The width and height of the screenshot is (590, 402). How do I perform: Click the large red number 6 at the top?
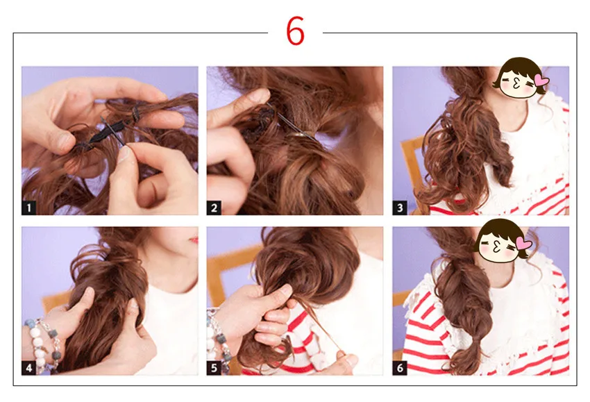(x=295, y=31)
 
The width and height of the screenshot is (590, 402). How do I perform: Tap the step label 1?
(x=28, y=208)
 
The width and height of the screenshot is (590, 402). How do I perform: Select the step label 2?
(x=214, y=208)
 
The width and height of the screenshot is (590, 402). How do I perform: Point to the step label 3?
(x=400, y=208)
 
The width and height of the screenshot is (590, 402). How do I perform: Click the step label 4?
(x=28, y=368)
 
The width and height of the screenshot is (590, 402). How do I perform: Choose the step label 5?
(x=214, y=368)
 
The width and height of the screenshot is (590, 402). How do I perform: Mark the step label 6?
(x=400, y=368)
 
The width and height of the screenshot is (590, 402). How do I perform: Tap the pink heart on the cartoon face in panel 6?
(x=524, y=243)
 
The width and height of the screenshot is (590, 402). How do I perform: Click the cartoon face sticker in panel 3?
(x=520, y=78)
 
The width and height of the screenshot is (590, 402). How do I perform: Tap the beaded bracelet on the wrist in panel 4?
(x=42, y=342)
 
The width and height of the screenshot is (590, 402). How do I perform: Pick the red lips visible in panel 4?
(x=194, y=240)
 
